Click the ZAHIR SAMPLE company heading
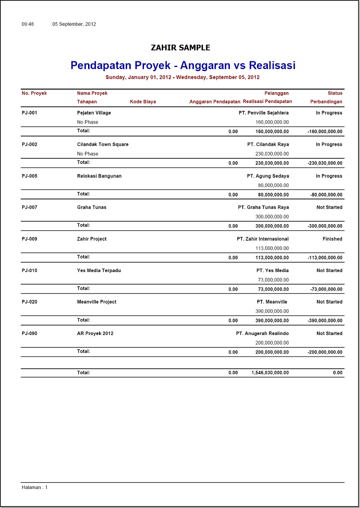click(180, 48)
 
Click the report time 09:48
click(28, 24)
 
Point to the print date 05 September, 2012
click(74, 24)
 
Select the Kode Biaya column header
click(143, 102)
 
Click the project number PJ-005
click(30, 176)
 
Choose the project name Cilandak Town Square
click(103, 145)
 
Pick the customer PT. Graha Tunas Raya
click(263, 208)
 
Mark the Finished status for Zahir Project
click(332, 239)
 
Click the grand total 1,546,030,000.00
click(270, 373)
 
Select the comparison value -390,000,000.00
click(325, 321)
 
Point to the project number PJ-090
click(30, 334)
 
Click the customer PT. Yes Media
click(272, 270)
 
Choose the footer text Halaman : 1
click(34, 487)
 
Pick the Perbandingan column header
click(326, 102)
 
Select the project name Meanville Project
click(97, 302)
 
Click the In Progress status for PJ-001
click(329, 113)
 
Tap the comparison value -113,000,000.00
click(325, 258)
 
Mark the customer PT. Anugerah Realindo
click(262, 334)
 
